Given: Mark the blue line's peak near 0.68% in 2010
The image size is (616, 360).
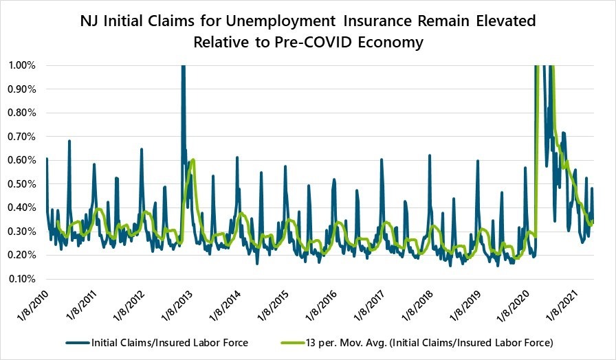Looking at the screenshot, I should point(69,141).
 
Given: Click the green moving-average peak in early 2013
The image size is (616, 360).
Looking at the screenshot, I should point(194,160).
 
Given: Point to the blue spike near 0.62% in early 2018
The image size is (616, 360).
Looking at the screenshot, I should point(430,155).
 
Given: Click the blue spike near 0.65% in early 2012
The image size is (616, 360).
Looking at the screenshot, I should point(142,148).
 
